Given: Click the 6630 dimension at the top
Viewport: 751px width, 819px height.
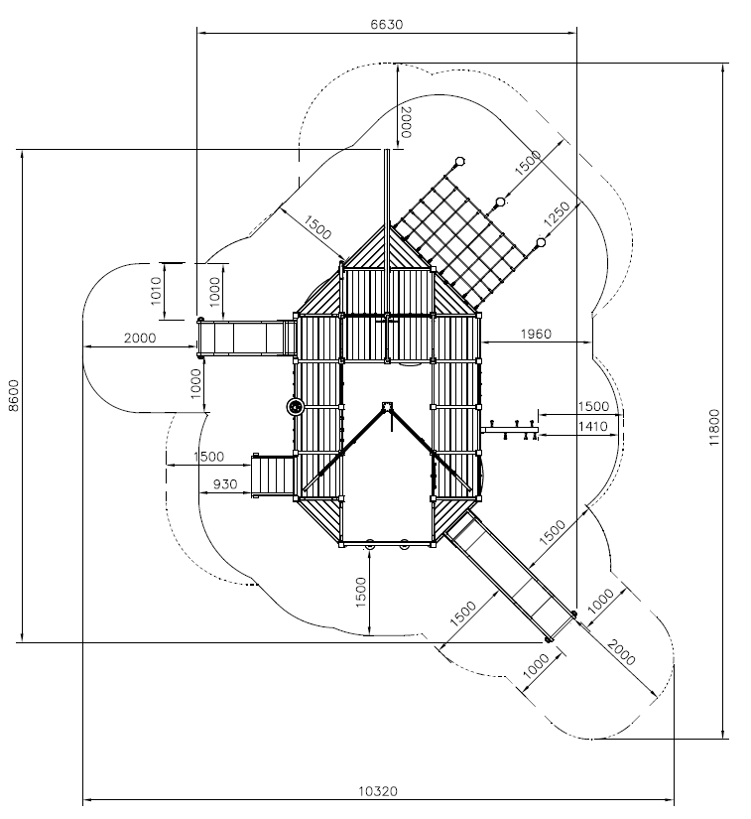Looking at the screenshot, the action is (386, 24).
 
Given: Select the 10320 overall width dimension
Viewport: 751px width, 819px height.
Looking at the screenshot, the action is (378, 791).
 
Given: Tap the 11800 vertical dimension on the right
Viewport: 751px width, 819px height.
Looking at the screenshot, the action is (714, 427).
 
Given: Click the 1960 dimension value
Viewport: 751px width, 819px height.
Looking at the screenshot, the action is (536, 334).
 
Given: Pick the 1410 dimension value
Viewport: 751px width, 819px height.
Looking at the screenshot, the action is (593, 427).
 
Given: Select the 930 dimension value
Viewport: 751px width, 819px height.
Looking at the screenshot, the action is (225, 484).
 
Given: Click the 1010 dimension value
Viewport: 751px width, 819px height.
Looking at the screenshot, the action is (156, 291).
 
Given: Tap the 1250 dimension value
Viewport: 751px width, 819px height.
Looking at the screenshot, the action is (557, 214).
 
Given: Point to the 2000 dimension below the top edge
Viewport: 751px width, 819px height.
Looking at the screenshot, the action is (406, 122).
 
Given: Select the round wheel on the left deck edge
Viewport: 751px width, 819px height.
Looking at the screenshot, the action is (296, 406).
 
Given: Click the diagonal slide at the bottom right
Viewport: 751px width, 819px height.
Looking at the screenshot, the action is (510, 576).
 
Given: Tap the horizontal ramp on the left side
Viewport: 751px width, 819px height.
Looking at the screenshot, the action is (246, 338).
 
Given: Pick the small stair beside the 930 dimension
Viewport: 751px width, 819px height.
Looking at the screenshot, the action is (273, 476).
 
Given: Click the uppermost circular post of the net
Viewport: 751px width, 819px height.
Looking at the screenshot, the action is (459, 162).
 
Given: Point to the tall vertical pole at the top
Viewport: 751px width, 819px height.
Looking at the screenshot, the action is (387, 209).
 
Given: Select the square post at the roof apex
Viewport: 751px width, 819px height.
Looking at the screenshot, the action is (387, 406).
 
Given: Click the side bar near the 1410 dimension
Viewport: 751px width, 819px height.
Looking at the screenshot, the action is (509, 430).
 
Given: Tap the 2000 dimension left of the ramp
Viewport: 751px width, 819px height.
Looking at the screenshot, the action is (140, 338).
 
